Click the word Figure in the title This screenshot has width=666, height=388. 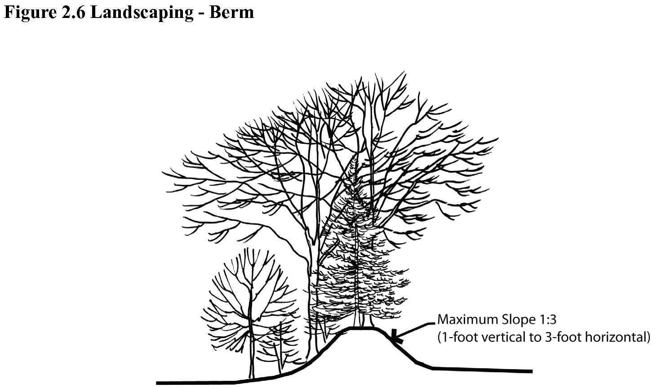30,12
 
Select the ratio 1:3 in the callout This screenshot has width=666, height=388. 546,320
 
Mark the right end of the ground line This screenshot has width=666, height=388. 531,371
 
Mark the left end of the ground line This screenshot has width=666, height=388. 158,384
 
